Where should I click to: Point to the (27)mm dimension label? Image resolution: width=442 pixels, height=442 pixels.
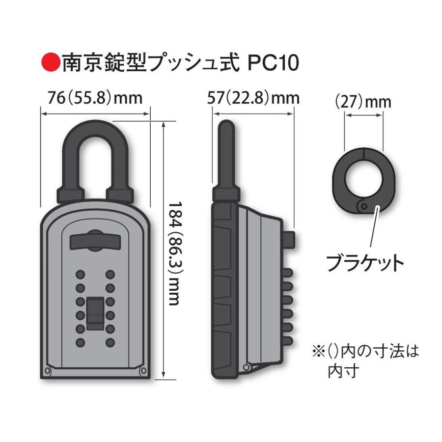pos(363,102)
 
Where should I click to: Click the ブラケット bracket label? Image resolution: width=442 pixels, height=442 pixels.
pos(365,263)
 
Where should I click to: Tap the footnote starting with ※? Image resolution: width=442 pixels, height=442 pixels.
pos(363,360)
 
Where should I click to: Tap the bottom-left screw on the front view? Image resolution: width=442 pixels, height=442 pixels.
pos(48,371)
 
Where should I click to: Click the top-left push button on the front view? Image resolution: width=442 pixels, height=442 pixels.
pos(80,274)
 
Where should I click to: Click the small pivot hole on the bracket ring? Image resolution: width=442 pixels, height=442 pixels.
pos(363,207)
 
